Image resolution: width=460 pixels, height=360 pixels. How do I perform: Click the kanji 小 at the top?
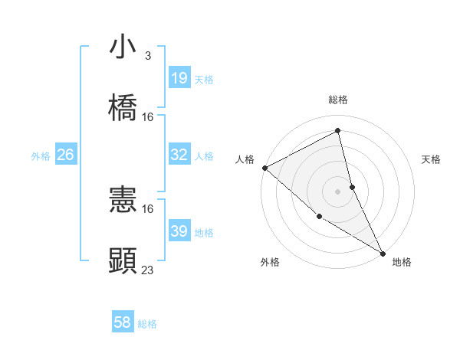pos(123,47)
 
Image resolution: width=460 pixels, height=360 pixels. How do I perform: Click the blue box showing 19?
pos(179,77)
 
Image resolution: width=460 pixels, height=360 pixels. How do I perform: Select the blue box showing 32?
pos(179,155)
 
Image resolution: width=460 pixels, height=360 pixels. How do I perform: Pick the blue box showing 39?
pos(179,231)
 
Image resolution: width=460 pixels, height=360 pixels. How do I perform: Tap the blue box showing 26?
pos(65,155)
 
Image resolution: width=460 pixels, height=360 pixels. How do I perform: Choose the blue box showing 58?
pos(122,323)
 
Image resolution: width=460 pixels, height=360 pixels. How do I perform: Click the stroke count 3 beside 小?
pos(148,56)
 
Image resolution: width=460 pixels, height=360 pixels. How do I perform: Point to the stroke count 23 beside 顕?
pos(148,270)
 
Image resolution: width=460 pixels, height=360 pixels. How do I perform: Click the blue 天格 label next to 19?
pos(204,79)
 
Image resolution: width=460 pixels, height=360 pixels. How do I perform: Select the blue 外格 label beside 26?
pos(41,156)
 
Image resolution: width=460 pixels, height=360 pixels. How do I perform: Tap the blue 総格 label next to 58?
pos(147,325)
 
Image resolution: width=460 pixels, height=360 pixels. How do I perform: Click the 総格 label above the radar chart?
pos(338,100)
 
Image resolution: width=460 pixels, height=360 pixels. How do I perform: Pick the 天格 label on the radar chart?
pos(431,159)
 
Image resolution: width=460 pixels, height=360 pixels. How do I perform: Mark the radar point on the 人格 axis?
pos(264,168)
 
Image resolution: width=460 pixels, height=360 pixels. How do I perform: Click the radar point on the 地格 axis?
pos(383,253)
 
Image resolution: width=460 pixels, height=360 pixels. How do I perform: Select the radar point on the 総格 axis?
pos(338,131)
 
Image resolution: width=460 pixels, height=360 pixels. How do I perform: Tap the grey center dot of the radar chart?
pos(338,191)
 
